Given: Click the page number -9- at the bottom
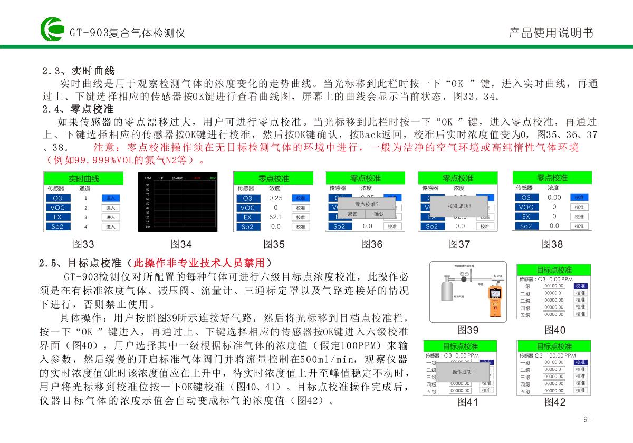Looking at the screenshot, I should pos(585,419).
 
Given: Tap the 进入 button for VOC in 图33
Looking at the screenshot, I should pos(111,208).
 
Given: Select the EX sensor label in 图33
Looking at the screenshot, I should pos(57,217).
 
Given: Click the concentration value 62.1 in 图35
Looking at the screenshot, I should pos(275,217).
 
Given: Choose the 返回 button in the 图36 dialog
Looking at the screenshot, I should pos(352,214).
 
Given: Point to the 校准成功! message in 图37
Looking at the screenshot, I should pos(459,206).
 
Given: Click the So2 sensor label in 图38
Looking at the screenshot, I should pos(526,226).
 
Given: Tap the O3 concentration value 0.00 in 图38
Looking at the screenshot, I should pos(554,197).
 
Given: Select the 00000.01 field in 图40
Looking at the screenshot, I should pos(553,293).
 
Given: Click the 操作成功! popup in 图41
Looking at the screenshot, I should pos(463,372).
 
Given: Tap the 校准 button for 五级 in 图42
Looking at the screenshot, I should pos(580,391).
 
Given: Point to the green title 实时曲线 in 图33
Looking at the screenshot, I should pos(83,179).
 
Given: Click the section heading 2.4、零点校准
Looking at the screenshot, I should pos(78,110).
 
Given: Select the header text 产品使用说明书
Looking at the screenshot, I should pos(551,33).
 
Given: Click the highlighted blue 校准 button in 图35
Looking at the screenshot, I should pos(300,198).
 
